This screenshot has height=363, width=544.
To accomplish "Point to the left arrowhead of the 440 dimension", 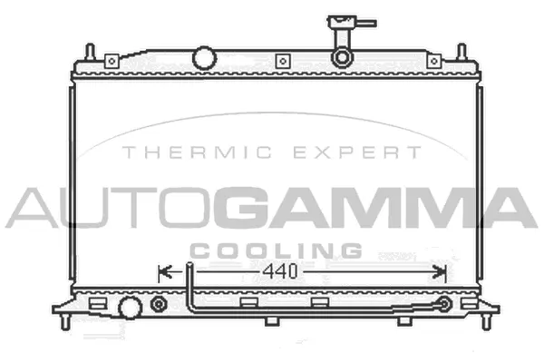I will (164, 270).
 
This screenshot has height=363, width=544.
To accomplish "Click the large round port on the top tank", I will (205, 59).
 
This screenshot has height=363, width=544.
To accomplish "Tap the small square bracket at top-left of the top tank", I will (111, 61).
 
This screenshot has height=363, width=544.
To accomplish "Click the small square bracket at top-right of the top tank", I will (434, 61).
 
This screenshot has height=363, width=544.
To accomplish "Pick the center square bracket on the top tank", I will (282, 61).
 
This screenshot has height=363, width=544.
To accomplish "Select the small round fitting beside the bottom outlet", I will (160, 304).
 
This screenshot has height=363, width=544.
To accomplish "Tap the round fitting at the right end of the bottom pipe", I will (444, 305).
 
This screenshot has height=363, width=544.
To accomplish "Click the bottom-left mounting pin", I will (66, 319).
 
